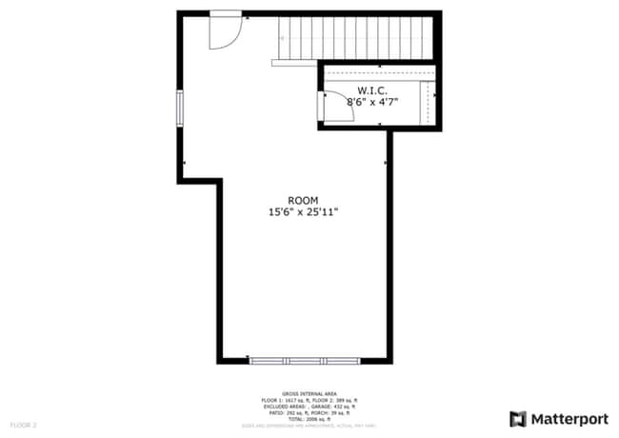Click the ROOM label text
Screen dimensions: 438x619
coord(303,200)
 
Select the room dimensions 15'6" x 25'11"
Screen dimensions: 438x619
coord(303,212)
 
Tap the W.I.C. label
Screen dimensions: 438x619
coord(371,90)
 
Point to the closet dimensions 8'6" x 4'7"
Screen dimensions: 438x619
coord(371,101)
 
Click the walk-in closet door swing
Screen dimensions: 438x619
coord(339,108)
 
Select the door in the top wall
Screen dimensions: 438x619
coord(226,30)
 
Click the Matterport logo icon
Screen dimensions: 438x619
coord(518,419)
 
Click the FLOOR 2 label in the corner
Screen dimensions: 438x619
coord(23,424)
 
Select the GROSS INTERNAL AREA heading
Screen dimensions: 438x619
coord(309,392)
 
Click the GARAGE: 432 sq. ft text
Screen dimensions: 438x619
coord(331,406)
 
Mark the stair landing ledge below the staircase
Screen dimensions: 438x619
coord(295,64)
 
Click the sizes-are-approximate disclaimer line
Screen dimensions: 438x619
coord(309,425)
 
